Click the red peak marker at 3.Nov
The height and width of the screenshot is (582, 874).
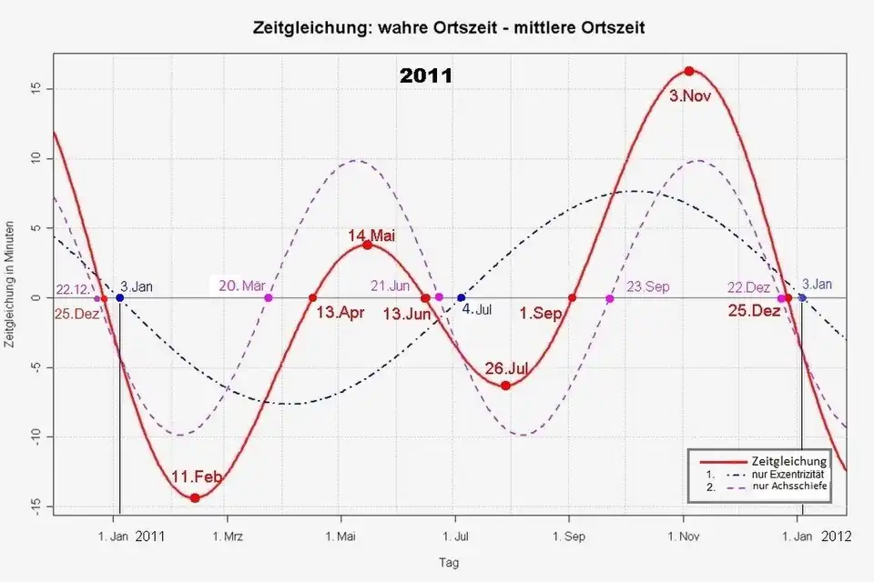[x=689, y=71]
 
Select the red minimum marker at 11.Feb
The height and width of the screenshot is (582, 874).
[x=195, y=497]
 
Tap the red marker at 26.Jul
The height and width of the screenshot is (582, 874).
[x=506, y=386]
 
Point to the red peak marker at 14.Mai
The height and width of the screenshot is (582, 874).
[x=368, y=245]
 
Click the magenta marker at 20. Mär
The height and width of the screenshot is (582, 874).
[x=268, y=297]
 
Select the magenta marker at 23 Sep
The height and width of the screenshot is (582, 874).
[x=609, y=297]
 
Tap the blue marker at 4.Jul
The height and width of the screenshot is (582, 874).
[x=461, y=297]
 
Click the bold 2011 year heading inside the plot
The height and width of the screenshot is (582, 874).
[x=426, y=76]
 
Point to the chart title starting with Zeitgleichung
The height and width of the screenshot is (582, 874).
[x=449, y=28]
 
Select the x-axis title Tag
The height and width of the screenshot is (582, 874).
[x=449, y=563]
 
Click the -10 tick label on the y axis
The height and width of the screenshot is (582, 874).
[x=36, y=437]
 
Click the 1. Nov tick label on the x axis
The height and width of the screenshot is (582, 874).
[x=684, y=536]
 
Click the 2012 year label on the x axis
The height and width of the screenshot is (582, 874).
[x=836, y=536]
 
